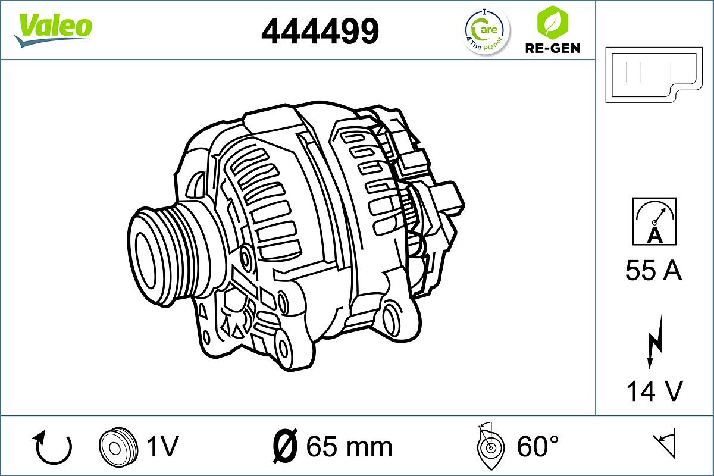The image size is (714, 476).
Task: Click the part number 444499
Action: coord(320,31)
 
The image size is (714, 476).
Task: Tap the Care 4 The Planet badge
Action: coord(487,30)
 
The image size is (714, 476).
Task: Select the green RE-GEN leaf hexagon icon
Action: coord(552,21)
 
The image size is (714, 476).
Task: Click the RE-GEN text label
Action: coord(552,48)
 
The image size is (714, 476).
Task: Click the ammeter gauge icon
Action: coord(654,222)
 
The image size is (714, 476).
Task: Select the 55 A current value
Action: coord(653,271)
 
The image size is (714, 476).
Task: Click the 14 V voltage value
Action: coord(653,391)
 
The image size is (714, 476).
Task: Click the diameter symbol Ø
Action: coord(285,446)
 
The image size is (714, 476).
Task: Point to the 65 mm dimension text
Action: coord(349,446)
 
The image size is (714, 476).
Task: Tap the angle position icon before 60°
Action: coord(490,446)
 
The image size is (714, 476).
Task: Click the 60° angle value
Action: coord(537,446)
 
